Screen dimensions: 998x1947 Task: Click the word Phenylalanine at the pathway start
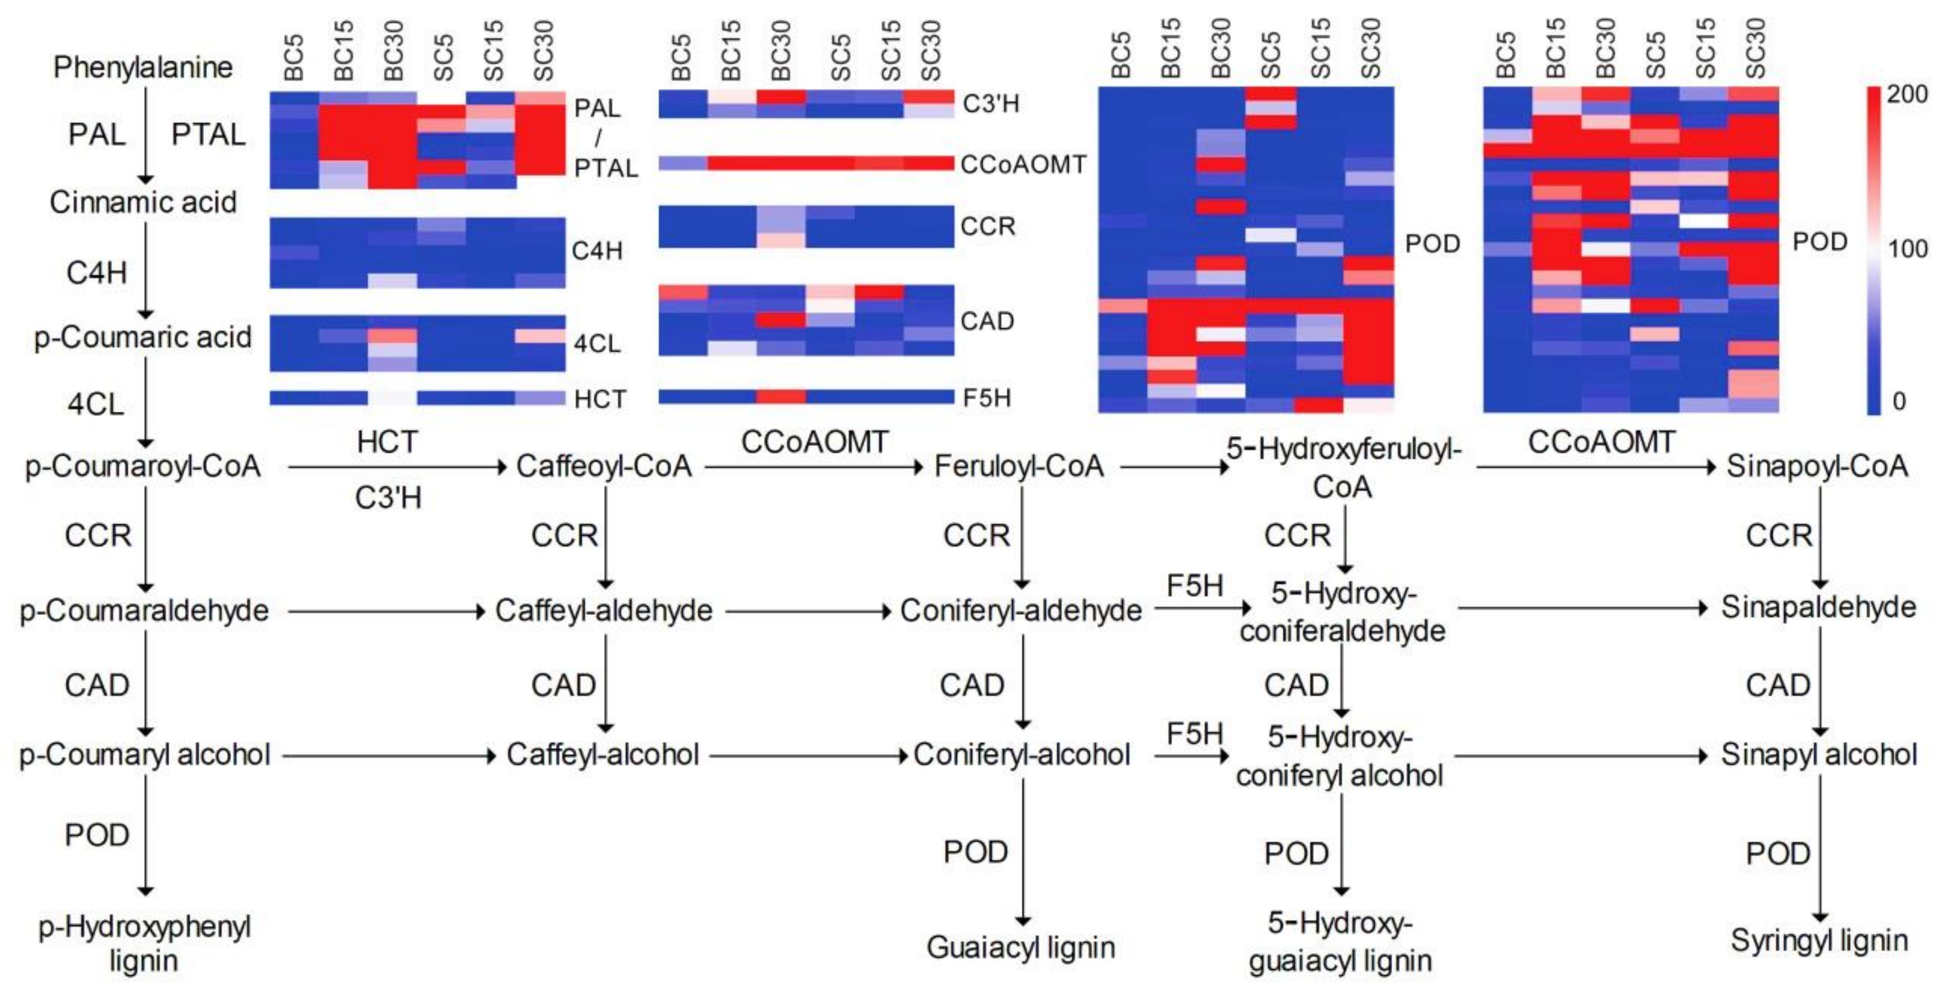(143, 67)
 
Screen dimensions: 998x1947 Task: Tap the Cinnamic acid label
(143, 202)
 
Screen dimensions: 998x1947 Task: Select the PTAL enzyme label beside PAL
(208, 134)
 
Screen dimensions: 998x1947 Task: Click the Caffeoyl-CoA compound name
(604, 466)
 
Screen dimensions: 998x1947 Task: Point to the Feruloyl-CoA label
(1019, 466)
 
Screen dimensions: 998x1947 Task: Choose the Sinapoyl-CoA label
(1817, 466)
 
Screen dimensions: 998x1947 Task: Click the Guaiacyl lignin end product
(1021, 947)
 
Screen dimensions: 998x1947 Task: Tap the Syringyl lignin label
(1819, 940)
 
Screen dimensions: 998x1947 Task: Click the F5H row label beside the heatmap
(986, 398)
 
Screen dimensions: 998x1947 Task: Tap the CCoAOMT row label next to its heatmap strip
(1023, 164)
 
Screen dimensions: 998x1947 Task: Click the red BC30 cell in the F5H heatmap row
(781, 396)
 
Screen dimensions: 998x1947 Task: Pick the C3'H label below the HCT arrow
(388, 497)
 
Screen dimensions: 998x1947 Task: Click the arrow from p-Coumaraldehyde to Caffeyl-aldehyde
(386, 611)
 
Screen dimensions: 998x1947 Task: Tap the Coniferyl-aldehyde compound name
(1021, 611)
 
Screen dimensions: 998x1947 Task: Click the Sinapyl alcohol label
(1819, 755)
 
